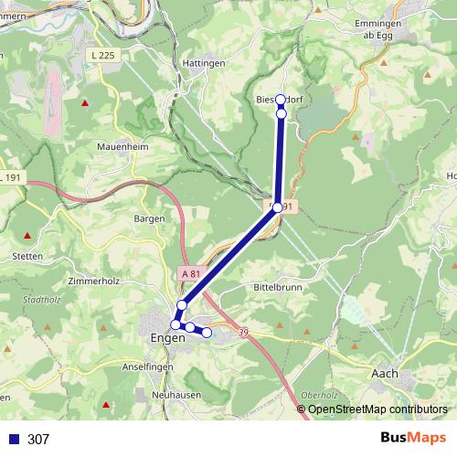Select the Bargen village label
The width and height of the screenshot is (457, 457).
point(149,218)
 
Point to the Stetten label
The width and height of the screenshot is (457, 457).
point(27,257)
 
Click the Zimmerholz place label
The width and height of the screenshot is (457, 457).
point(94,282)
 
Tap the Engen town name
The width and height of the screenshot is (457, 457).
point(166,337)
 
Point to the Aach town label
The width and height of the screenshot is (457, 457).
point(385,373)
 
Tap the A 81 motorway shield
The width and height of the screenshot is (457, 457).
point(189,273)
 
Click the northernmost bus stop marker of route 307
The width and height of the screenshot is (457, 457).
point(281,100)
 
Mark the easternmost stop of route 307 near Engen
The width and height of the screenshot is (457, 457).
point(207,333)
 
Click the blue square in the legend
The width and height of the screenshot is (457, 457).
point(13,439)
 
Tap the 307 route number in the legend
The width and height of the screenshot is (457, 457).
point(38,439)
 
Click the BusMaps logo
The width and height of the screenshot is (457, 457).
point(413,438)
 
